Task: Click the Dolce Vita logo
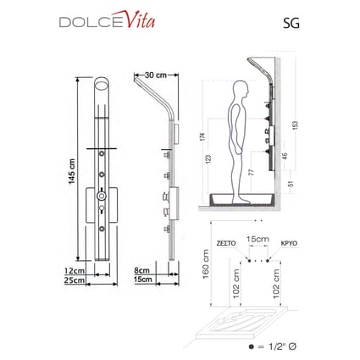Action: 107,19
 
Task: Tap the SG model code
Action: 291,23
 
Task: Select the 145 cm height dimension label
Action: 72,171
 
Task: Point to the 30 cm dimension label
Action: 156,75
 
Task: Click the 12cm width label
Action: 75,270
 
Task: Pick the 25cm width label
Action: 75,280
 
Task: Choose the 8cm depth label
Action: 141,270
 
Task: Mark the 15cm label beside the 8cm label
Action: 143,280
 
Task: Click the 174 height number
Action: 203,136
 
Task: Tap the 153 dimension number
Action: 295,125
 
